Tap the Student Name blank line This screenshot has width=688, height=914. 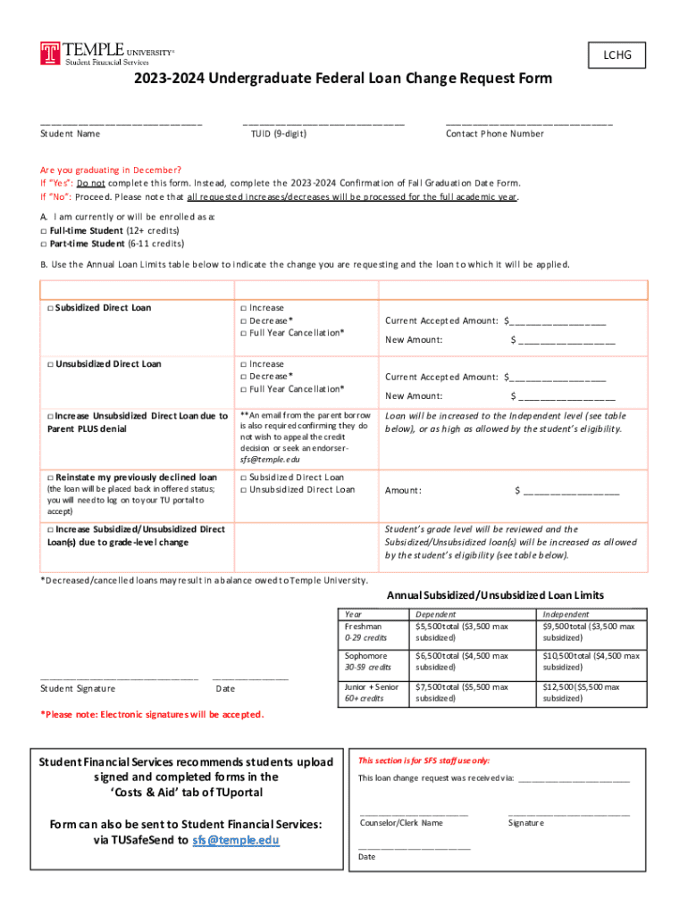121,123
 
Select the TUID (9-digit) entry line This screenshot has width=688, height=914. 323,123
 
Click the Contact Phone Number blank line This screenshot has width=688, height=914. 528,123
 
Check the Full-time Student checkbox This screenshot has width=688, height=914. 44,230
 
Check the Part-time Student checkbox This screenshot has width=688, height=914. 44,243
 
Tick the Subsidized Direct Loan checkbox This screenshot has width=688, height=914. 50,308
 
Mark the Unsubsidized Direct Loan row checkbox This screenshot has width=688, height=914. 50,364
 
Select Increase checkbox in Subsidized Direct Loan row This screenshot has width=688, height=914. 244,308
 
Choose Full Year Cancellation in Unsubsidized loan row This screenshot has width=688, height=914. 244,389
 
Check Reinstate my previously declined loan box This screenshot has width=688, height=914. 50,478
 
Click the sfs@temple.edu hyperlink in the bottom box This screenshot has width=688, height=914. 236,840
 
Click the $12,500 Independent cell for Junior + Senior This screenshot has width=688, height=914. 591,693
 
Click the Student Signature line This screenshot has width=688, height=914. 119,679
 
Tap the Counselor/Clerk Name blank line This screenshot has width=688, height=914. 413,814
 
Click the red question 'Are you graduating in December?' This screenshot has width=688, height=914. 111,170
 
